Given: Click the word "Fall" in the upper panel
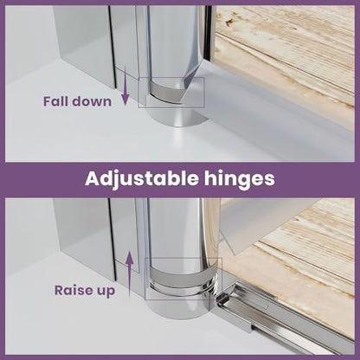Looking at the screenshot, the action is [55, 101].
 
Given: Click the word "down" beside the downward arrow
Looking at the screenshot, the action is [91, 101].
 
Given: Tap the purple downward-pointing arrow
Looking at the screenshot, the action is [125, 85].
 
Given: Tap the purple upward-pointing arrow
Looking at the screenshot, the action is [130, 274].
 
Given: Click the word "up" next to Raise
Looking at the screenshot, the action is [106, 292].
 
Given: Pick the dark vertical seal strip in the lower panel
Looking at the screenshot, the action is [112, 240].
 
